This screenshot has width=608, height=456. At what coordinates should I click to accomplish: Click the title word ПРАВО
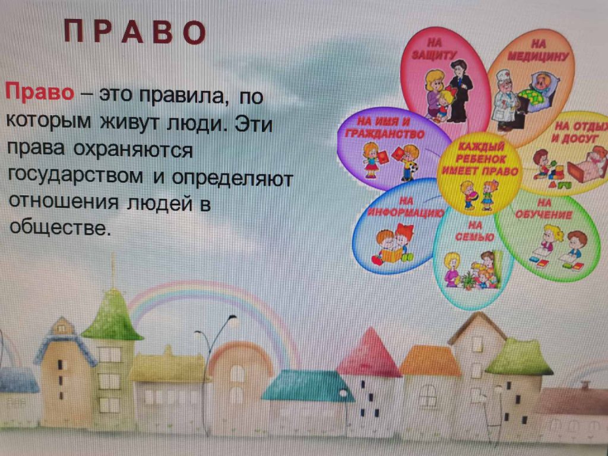135,31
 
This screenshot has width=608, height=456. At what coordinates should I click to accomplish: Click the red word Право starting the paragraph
39,92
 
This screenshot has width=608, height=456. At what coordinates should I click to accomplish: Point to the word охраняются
133,149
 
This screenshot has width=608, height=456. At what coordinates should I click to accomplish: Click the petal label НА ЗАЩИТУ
434,49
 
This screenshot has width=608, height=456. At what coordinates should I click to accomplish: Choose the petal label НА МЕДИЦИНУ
538,51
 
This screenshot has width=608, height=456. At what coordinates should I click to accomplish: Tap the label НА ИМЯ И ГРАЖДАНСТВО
385,128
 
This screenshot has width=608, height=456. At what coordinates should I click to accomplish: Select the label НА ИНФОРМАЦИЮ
406,207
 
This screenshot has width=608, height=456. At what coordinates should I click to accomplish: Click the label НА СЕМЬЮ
474,231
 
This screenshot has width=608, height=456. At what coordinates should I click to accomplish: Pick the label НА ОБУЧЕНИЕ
544,209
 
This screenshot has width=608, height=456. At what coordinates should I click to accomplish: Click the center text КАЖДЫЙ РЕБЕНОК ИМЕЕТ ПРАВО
480,159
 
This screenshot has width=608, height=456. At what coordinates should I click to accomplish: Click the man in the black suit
460,91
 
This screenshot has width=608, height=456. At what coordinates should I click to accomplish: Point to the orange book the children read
392,255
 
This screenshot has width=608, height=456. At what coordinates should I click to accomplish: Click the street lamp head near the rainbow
232,318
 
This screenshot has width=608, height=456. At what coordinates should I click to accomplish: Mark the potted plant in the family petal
468,280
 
